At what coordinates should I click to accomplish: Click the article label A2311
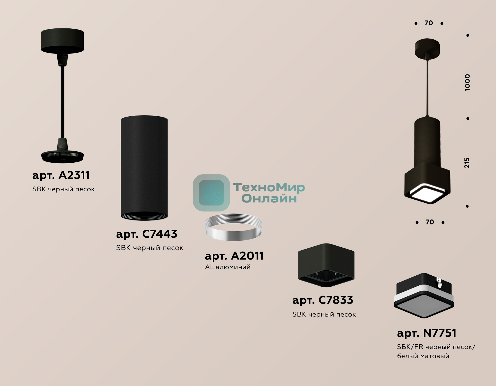[61, 175]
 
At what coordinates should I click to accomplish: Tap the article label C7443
[147, 234]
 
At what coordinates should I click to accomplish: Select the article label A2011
[234, 256]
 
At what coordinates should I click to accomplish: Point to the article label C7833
[323, 300]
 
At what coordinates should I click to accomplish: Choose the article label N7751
[427, 333]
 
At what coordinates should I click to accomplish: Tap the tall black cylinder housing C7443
[144, 168]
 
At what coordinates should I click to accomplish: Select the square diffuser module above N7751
[424, 296]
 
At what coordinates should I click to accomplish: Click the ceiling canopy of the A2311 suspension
[62, 41]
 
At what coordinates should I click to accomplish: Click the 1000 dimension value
[467, 82]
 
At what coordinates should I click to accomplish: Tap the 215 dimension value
[467, 163]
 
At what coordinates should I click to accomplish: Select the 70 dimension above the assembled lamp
[429, 23]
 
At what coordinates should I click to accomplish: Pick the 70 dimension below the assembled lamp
[430, 222]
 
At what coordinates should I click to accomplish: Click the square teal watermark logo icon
[211, 193]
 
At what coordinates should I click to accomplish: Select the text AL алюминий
[228, 267]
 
